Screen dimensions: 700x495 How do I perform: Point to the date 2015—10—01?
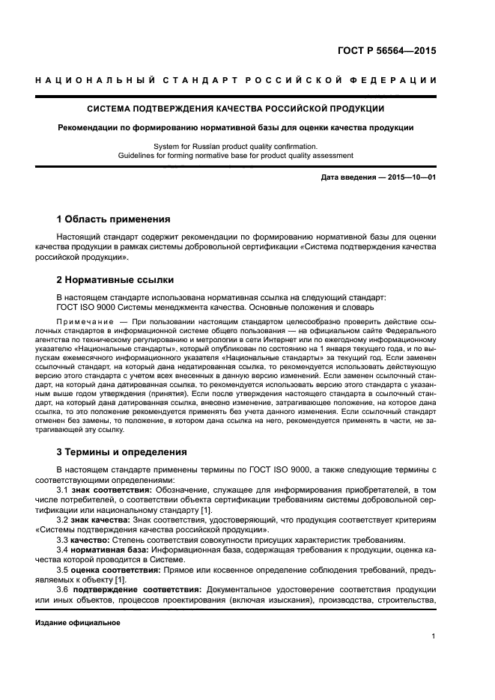click(x=410, y=177)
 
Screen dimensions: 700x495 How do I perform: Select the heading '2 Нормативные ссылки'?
click(x=115, y=280)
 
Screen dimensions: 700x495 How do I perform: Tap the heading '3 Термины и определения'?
click(x=122, y=452)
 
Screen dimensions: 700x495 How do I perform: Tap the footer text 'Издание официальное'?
click(x=78, y=622)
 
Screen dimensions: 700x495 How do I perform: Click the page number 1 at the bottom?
click(x=434, y=636)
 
